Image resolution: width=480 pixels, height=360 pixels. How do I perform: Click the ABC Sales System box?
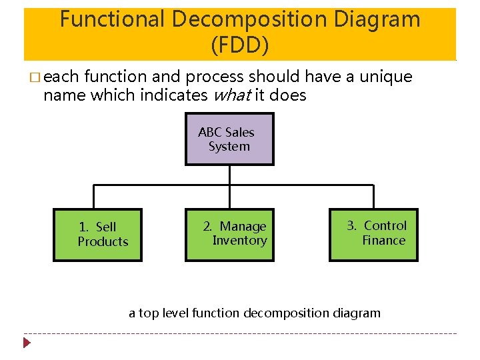coord(229,139)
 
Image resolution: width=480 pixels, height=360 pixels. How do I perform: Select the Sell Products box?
coord(97,234)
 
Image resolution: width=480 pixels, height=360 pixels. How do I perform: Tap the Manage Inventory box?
coord(229,234)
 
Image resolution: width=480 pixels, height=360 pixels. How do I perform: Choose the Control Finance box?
coord(373,234)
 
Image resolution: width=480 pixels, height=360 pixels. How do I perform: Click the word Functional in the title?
coord(111,19)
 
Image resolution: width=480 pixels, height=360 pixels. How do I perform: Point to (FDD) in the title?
coord(239,45)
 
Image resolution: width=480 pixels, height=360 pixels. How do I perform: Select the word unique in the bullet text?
coord(386,77)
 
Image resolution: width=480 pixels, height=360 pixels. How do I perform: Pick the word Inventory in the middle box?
coord(239,241)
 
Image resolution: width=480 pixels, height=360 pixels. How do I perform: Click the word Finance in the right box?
coord(383,241)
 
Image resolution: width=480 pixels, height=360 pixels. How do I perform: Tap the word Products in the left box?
coord(103,241)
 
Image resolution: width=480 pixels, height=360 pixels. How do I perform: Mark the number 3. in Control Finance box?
coord(352,226)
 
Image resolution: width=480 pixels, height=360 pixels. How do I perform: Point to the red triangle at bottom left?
coord(27,343)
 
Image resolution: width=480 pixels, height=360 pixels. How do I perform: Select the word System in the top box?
coord(229,147)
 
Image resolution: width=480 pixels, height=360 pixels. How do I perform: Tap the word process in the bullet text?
coord(219,77)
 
